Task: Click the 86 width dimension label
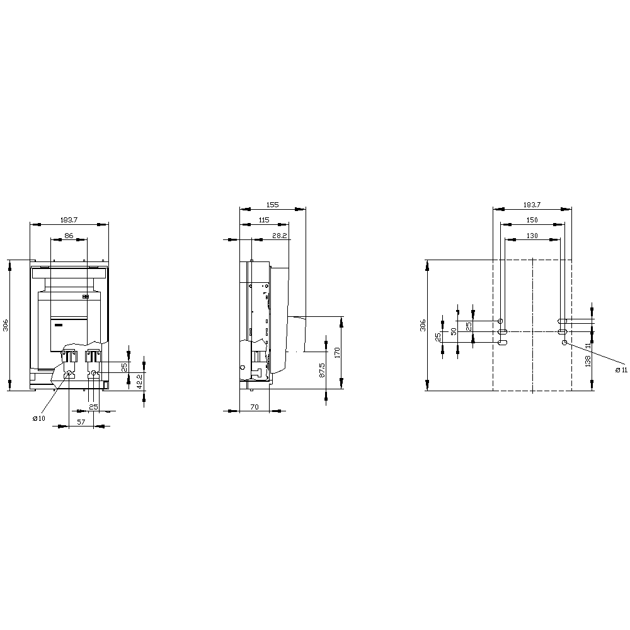[x=69, y=236]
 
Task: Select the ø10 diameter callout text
[x=39, y=418]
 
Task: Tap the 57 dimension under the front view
[x=81, y=422]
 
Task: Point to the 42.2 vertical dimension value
[x=139, y=381]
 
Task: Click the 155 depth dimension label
[x=272, y=205]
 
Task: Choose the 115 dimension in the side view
[x=264, y=220]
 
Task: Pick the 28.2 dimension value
[x=279, y=236]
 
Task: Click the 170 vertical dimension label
[x=337, y=353]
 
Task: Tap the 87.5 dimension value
[x=322, y=370]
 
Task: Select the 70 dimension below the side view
[x=255, y=406]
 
